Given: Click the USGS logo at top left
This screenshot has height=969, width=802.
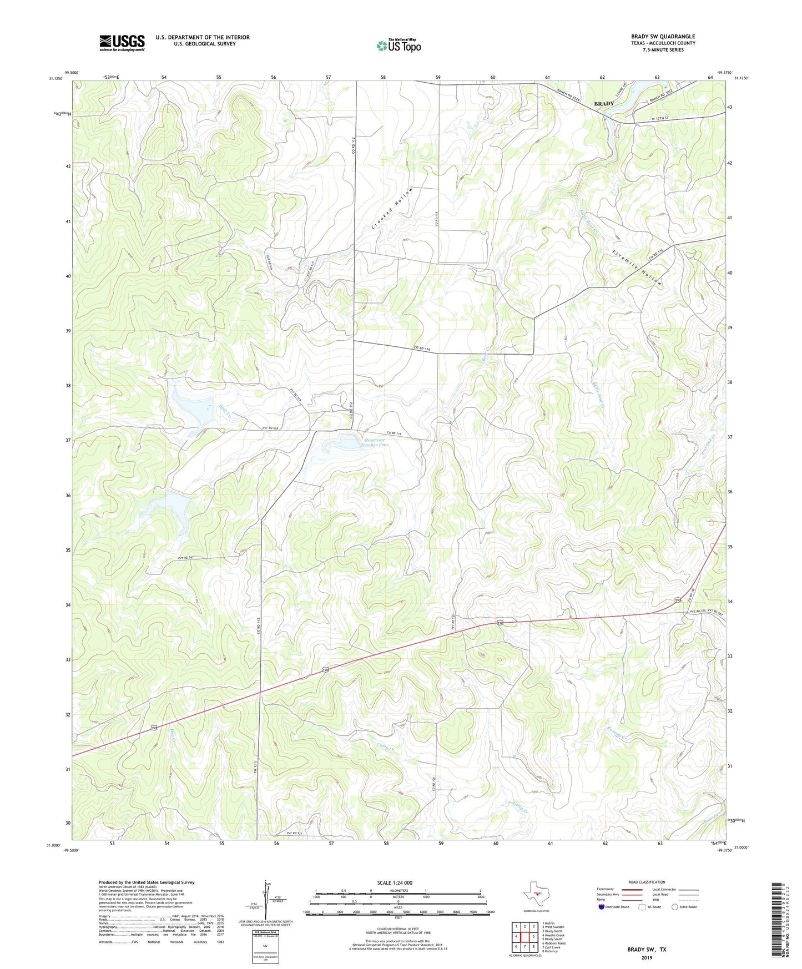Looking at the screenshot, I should [122, 43].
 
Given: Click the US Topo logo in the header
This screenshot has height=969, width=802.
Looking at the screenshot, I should [399, 46].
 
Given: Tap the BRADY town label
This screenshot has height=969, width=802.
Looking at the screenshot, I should [604, 104].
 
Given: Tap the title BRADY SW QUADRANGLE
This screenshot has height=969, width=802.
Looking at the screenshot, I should [663, 36].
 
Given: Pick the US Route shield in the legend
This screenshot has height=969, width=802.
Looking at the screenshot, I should [642, 907].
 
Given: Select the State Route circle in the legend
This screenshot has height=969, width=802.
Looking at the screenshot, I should [674, 907].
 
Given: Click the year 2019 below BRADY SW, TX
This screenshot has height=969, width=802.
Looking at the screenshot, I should [647, 958].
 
